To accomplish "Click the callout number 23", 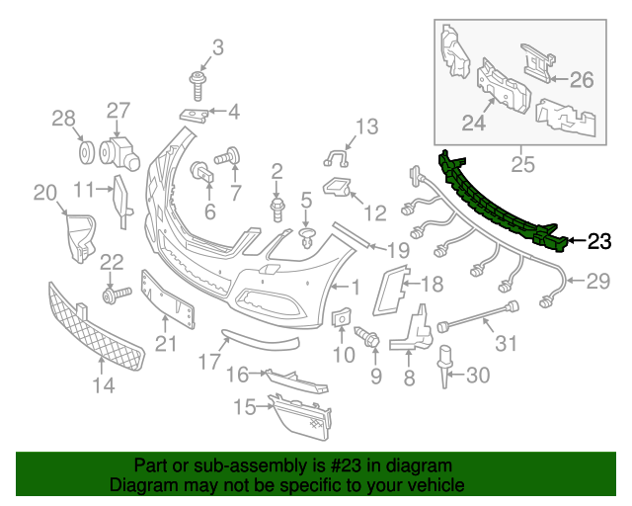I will pyautogui.click(x=599, y=240).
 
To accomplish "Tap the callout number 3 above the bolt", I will pyautogui.click(x=218, y=46).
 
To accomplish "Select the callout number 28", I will pyautogui.click(x=63, y=120).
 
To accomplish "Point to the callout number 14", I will pyautogui.click(x=104, y=385).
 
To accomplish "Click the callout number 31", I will pyautogui.click(x=507, y=344).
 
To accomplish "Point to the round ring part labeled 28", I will pyautogui.click(x=86, y=153).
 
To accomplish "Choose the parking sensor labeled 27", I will pyautogui.click(x=118, y=149).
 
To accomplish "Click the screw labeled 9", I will pyautogui.click(x=373, y=339).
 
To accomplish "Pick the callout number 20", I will pyautogui.click(x=45, y=192).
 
